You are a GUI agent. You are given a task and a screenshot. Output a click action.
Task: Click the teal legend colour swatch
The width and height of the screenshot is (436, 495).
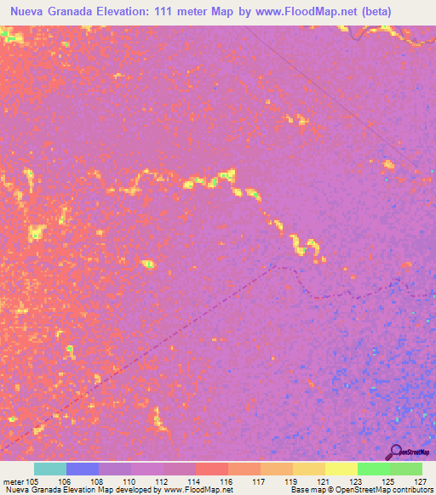click(50, 469)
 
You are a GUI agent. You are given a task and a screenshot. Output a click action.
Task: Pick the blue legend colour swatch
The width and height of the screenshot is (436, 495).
click(83, 469)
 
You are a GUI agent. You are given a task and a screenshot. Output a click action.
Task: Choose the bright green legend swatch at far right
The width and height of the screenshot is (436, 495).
click(406, 469)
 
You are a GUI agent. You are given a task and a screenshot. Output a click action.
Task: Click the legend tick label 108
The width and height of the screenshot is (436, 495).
click(99, 481)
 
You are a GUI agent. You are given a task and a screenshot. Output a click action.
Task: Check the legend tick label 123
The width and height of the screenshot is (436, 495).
click(357, 481)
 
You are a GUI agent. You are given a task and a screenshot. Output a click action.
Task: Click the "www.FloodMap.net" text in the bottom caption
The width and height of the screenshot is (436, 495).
click(197, 490)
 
